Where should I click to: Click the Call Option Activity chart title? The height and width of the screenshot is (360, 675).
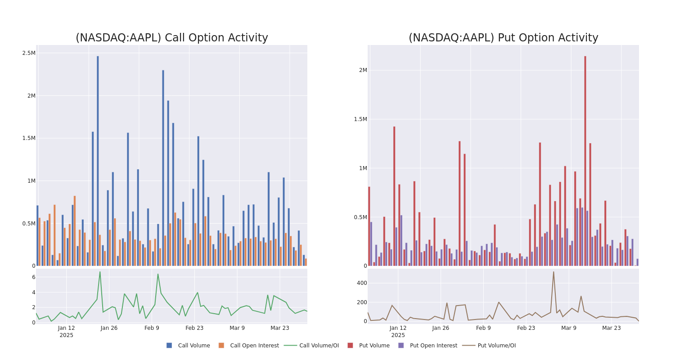[171, 38]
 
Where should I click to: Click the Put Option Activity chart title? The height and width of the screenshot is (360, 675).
[503, 38]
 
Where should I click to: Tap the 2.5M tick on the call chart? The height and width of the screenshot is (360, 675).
[29, 53]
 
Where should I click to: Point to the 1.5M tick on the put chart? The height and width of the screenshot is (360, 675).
[360, 119]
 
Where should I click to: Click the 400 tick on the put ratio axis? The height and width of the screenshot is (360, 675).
[362, 283]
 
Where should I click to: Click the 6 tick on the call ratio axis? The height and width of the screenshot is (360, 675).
[33, 277]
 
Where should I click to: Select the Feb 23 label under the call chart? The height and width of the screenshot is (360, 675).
[194, 328]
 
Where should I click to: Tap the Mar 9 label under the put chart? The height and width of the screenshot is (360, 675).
[569, 328]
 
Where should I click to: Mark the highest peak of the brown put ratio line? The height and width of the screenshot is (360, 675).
[553, 272]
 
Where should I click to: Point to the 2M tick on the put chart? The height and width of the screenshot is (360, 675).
[363, 70]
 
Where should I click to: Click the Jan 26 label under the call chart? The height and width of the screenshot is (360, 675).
[109, 328]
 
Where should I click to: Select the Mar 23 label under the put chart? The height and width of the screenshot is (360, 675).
[611, 328]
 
